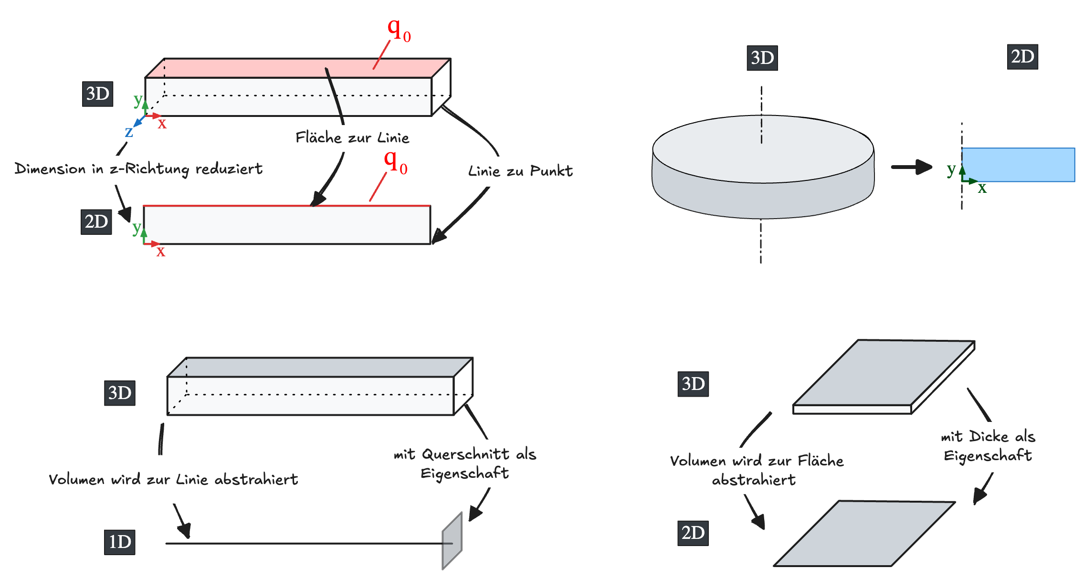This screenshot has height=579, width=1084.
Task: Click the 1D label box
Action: click(119, 542)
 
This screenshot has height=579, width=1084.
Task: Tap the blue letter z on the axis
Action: click(128, 132)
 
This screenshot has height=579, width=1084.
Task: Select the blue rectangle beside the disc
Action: click(1018, 165)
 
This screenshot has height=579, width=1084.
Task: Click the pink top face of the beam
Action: click(296, 68)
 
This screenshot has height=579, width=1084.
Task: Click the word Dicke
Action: click(989, 436)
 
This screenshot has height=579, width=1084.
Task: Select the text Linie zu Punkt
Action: click(520, 171)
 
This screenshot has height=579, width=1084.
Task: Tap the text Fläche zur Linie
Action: click(352, 138)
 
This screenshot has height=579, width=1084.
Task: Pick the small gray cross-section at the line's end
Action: click(452, 541)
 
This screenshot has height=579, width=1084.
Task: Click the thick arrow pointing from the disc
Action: click(911, 167)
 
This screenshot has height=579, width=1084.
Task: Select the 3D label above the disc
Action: click(762, 58)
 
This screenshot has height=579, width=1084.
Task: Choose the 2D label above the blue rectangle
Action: click(1022, 57)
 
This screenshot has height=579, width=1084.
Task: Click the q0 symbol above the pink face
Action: click(399, 30)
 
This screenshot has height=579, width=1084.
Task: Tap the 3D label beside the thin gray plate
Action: click(693, 384)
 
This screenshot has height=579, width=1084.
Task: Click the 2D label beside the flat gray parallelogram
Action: click(693, 533)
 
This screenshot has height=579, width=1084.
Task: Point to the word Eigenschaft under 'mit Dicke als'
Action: click(988, 456)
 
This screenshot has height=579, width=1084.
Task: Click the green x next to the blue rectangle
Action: click(982, 188)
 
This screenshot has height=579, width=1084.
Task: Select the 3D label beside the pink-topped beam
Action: click(97, 94)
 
